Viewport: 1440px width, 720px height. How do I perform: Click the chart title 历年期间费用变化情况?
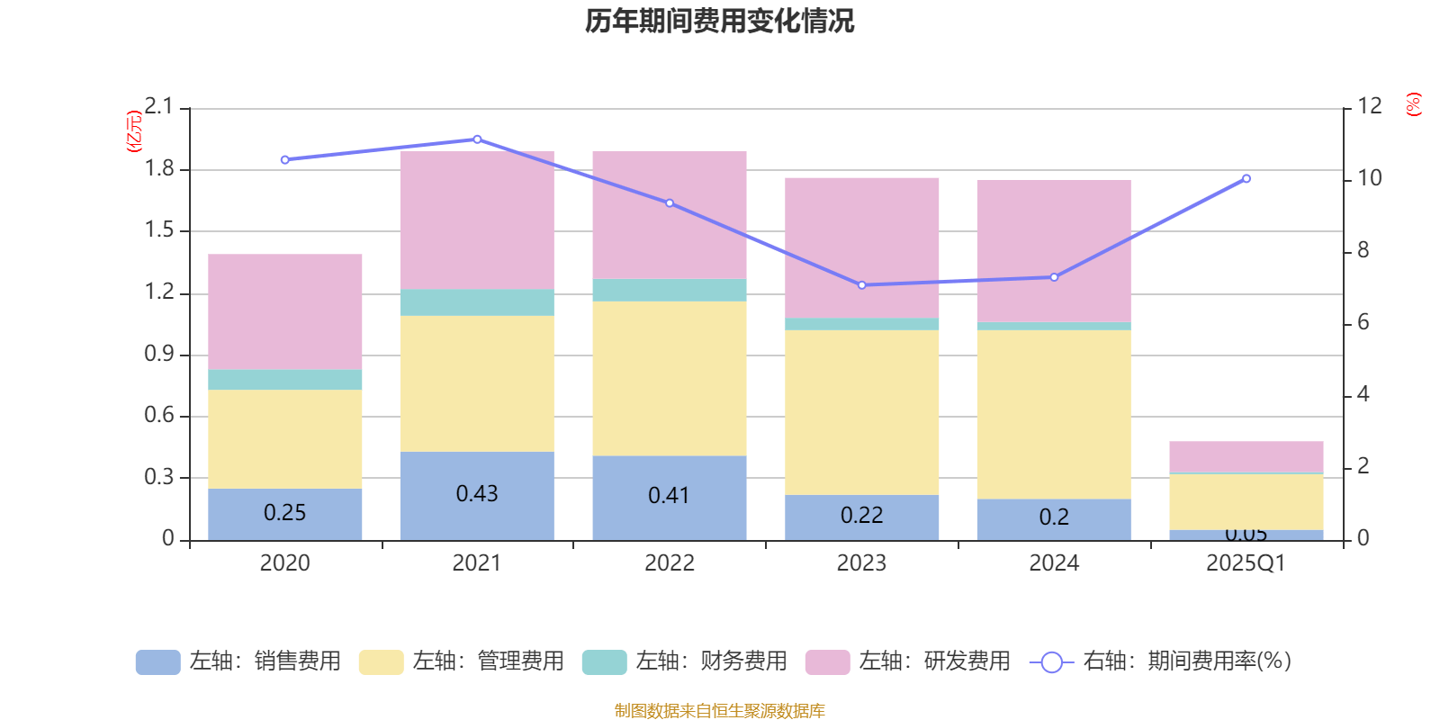(x=719, y=21)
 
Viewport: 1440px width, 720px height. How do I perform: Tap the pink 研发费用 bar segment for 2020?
(x=285, y=311)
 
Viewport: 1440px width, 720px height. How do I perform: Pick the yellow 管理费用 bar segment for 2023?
(x=862, y=412)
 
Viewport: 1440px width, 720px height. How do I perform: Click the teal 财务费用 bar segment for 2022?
(x=670, y=290)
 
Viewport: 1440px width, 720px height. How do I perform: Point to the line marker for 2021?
(x=477, y=139)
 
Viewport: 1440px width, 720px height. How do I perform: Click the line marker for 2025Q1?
(x=1246, y=179)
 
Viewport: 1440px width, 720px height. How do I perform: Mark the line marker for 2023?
(x=862, y=285)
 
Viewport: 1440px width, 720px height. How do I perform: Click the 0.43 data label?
(x=477, y=494)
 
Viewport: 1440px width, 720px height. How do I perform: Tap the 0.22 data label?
(x=862, y=516)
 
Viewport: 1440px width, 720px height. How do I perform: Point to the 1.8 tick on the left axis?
(x=159, y=169)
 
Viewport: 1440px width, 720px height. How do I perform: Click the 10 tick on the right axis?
(x=1370, y=178)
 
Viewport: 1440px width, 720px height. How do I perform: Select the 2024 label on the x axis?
(x=1054, y=563)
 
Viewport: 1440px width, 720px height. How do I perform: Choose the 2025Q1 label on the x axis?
(x=1246, y=563)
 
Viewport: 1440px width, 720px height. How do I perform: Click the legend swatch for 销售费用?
(x=157, y=662)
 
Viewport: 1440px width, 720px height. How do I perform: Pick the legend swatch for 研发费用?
(x=827, y=662)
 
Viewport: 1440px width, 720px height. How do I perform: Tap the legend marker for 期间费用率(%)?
(x=1051, y=662)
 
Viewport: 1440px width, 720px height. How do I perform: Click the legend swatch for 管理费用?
(x=381, y=662)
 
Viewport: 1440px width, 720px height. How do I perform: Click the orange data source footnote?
(x=719, y=711)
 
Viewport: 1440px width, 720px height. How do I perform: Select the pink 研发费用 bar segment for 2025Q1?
(x=1246, y=456)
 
